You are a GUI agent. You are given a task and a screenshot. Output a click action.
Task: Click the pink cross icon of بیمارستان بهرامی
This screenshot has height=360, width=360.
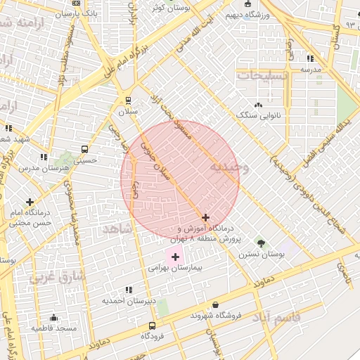pyautogui.click(x=175, y=257)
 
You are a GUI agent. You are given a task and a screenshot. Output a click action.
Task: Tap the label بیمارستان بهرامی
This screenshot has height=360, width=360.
pyautogui.click(x=176, y=269)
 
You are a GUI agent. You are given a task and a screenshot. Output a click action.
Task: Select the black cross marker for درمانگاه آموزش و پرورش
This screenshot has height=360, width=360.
pyautogui.click(x=205, y=218)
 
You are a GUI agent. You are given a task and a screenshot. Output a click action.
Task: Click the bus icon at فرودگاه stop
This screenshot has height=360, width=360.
pyautogui.click(x=153, y=326)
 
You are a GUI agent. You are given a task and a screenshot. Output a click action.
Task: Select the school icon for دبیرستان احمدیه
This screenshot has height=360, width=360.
pyautogui.click(x=128, y=289)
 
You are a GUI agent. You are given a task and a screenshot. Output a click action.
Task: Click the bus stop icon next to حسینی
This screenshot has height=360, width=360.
pyautogui.click(x=85, y=150)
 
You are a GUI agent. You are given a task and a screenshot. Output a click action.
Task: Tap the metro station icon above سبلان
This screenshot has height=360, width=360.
pyautogui.click(x=128, y=101)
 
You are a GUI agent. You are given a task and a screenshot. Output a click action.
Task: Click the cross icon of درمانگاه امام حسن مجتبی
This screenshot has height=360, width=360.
pyautogui.click(x=30, y=202)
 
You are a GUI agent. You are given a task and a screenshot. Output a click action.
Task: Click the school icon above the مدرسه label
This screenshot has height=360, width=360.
pyautogui.click(x=311, y=58)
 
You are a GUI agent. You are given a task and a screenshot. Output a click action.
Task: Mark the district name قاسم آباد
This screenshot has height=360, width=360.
pyautogui.click(x=276, y=317)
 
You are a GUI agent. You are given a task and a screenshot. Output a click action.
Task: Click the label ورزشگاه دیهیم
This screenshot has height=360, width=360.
pyautogui.click(x=243, y=13)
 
